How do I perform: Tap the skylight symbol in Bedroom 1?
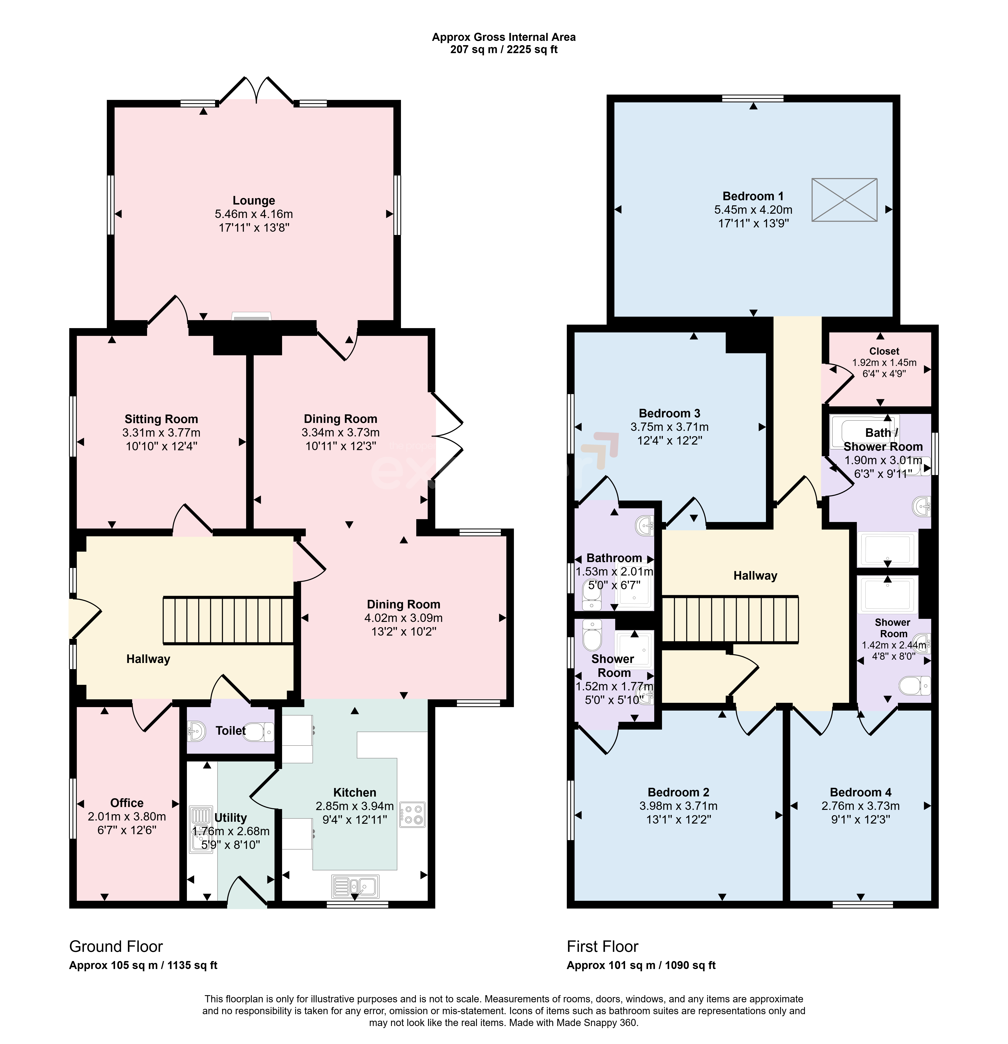coord(844,200)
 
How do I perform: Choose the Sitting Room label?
coord(161,419)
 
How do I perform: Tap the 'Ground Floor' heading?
coord(116,947)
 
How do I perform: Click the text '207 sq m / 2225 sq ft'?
coord(504,49)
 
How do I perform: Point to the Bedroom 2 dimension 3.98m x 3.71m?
coord(678,806)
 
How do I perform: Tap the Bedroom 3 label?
coord(669,413)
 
